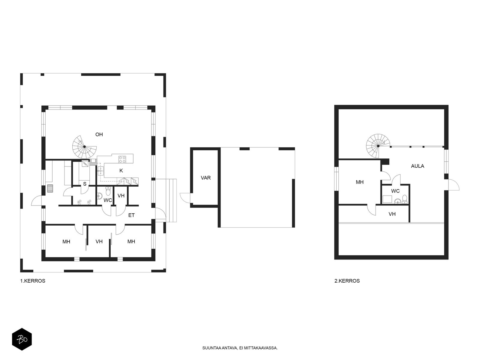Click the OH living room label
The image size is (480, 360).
(x=99, y=134)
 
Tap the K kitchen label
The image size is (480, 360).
(x=121, y=171)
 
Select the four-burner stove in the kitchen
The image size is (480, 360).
(x=122, y=159)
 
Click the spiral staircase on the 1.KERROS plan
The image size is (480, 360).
(x=84, y=147)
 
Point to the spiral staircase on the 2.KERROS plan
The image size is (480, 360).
(x=378, y=146)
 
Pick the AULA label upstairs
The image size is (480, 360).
(x=418, y=166)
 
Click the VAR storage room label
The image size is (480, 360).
(x=206, y=178)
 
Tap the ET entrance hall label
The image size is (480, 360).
(x=131, y=215)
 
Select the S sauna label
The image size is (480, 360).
(x=85, y=184)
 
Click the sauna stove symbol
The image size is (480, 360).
(x=50, y=188)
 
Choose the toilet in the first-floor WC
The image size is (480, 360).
(x=108, y=191)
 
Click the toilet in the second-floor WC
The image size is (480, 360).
(x=405, y=199)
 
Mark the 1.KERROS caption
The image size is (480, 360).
(x=33, y=281)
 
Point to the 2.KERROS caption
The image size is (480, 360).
(x=347, y=281)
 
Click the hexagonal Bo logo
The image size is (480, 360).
(x=22, y=339)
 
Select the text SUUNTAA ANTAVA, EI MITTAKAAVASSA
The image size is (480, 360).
(x=240, y=348)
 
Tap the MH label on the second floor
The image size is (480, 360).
(x=360, y=182)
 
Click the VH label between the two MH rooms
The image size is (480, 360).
(x=99, y=241)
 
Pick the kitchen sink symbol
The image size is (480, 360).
(x=101, y=171)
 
